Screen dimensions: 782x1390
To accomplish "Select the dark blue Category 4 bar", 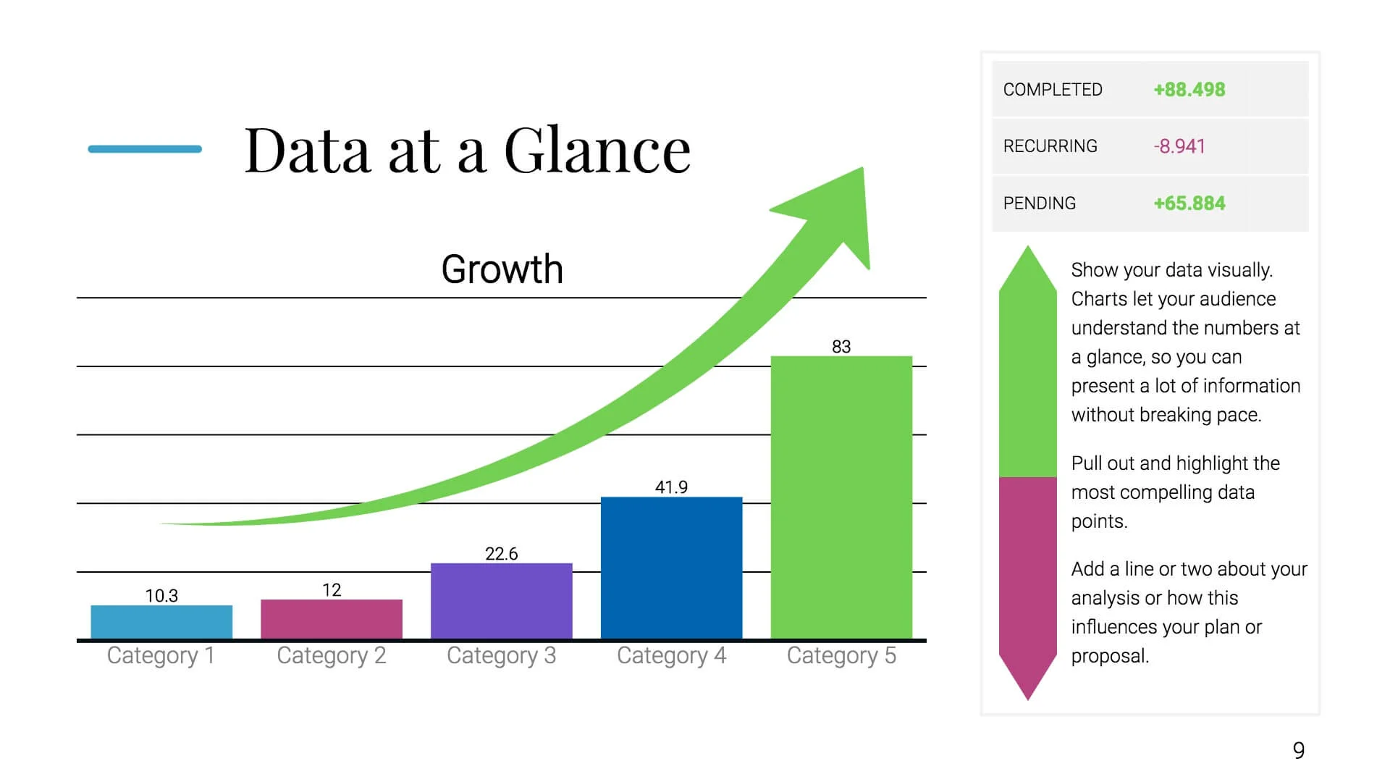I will point(671,568).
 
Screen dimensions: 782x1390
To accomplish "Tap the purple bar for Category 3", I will point(501,601).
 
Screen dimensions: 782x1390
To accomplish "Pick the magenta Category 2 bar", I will point(332,619).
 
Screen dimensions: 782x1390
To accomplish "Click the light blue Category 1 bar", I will point(161,622).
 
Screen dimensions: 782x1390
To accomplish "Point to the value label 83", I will point(841,347).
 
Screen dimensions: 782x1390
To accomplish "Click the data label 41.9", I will point(671,487).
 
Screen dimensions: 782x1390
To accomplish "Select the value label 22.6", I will point(501,554).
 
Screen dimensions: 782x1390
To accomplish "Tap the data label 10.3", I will point(161,596).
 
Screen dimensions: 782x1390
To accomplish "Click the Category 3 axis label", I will point(501,656).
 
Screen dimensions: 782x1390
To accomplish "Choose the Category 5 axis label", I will point(841,656).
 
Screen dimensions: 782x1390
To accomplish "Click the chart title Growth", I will point(502,269).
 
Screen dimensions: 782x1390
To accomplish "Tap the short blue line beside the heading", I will point(145,149).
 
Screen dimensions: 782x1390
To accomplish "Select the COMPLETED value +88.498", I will point(1189,90).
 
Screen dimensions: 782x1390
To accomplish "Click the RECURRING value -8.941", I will point(1179,146).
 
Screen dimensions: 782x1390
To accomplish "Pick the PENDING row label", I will point(1039,203).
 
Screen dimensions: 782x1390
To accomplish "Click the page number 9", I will point(1299,751).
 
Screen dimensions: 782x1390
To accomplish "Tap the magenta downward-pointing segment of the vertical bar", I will point(1027,579).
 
